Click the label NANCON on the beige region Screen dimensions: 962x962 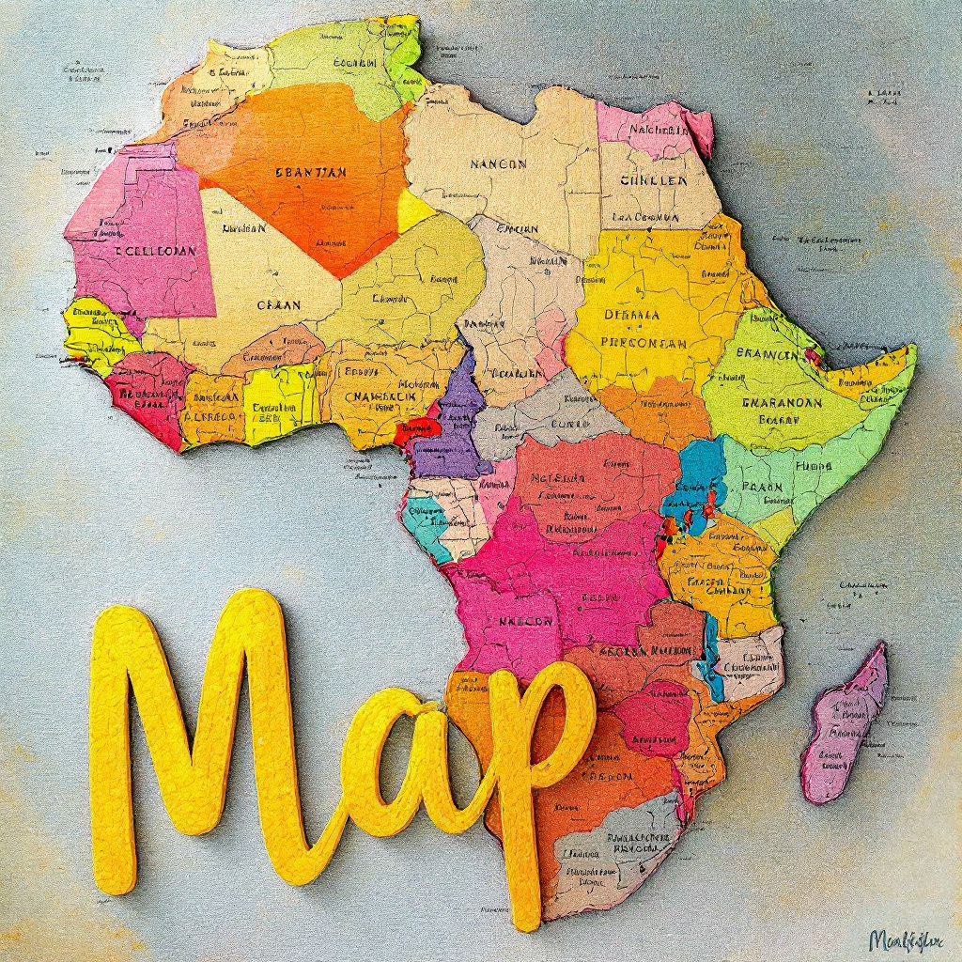point(498,163)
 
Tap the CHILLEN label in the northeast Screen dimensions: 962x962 point(654,180)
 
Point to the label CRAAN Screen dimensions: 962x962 point(279,305)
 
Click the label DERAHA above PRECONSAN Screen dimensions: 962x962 point(631,316)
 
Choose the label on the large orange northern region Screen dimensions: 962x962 point(311,172)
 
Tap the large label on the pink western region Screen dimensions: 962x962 point(155,252)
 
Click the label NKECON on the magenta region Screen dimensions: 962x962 point(525,620)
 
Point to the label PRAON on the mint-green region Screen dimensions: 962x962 point(762,487)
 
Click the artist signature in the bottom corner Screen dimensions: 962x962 point(908,939)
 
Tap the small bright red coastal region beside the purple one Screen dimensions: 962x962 point(416,432)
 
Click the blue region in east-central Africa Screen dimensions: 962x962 point(700,474)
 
